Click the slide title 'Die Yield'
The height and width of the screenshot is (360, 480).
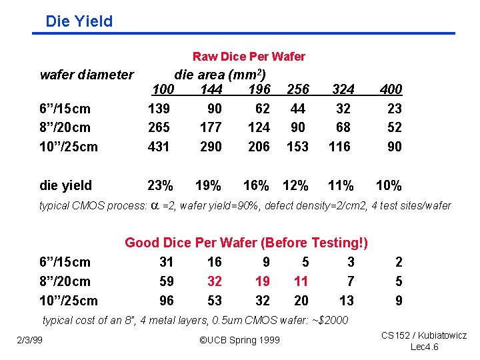[79, 21]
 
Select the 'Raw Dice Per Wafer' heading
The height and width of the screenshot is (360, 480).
[249, 57]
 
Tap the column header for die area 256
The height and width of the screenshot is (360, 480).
[297, 89]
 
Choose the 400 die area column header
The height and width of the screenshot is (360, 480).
[390, 89]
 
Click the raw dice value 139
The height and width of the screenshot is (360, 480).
[159, 108]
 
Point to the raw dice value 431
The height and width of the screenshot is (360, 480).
[159, 146]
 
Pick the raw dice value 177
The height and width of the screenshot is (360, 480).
[211, 127]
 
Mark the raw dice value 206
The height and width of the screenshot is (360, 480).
[259, 146]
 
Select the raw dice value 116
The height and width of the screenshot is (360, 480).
[340, 146]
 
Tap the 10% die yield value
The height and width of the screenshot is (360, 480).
[389, 185]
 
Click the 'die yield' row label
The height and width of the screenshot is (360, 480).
[66, 185]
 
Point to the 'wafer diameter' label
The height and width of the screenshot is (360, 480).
[87, 75]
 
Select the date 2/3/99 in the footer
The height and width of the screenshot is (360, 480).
[30, 341]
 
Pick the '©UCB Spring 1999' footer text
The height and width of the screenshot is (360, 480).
[240, 341]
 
